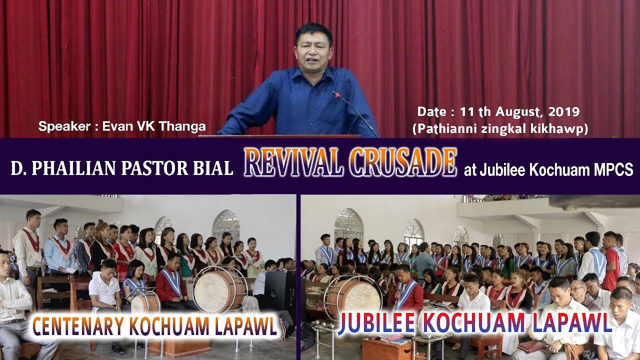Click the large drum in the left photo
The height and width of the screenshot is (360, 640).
pos(220,288)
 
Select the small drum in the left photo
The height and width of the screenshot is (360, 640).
pos(145,302)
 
